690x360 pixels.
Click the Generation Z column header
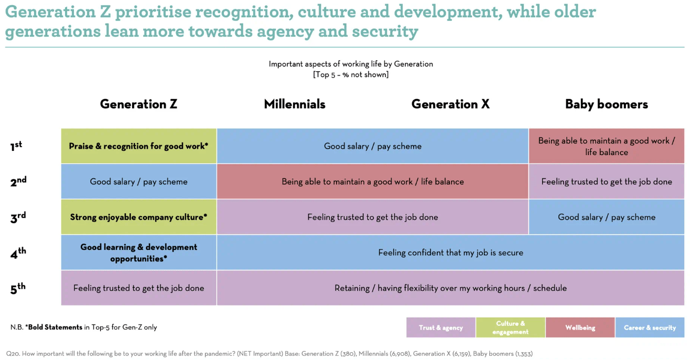[138, 104]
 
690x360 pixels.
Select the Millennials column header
[295, 104]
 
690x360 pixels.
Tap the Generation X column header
[450, 104]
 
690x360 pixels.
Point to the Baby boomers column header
[607, 104]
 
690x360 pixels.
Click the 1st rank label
[16, 146]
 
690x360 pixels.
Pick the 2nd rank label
[18, 182]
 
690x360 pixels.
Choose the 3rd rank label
[18, 217]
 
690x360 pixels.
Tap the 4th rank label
[18, 253]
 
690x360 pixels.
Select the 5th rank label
[17, 289]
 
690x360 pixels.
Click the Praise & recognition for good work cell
[138, 146]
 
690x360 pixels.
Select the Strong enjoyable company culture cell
[138, 217]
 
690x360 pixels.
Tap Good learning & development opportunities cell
[138, 253]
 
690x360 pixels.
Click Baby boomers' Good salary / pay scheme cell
[607, 217]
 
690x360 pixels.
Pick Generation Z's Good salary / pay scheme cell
[138, 182]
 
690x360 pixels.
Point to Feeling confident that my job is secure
[451, 253]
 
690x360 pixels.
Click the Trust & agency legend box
[441, 328]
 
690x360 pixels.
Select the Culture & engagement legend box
[510, 328]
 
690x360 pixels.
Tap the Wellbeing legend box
[580, 328]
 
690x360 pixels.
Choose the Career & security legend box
[650, 328]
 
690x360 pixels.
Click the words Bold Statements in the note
[55, 327]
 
